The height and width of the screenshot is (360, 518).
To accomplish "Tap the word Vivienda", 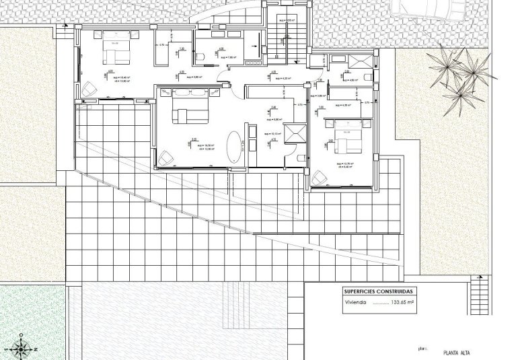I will pos(355,304).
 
